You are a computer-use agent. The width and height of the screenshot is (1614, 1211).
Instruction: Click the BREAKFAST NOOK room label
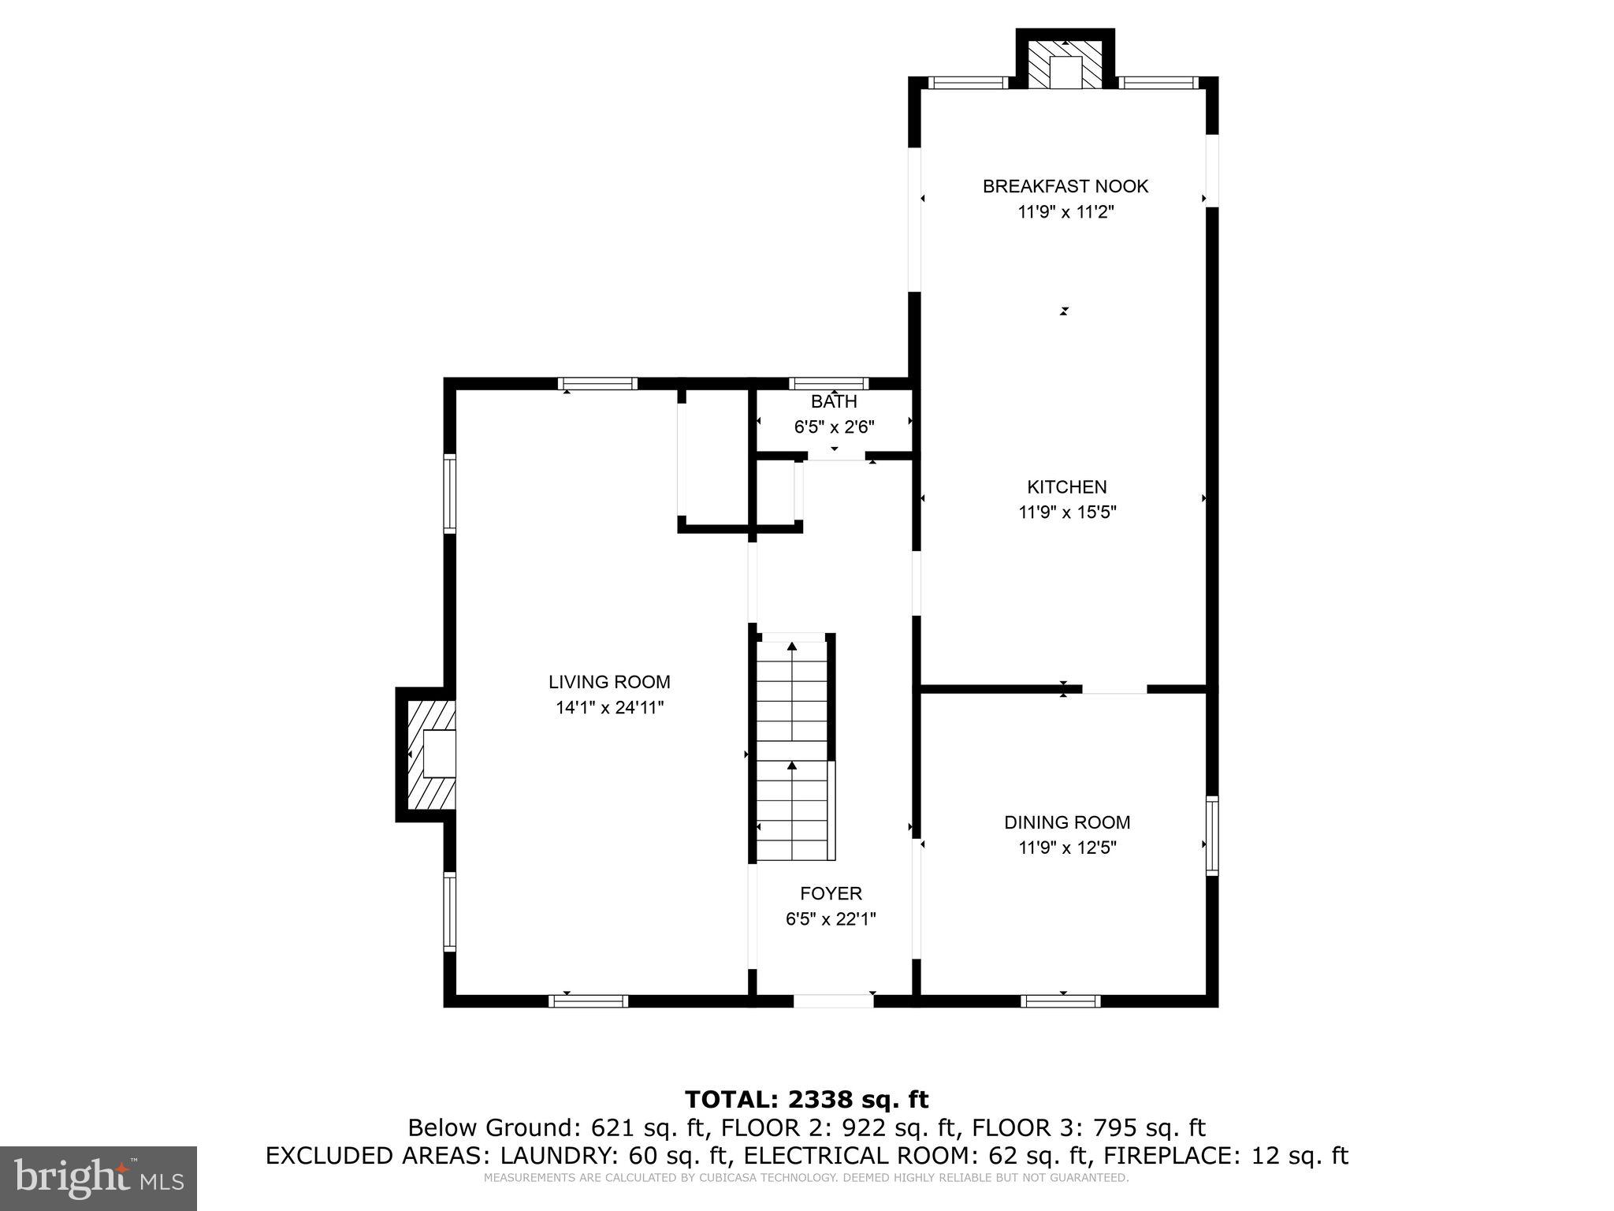(x=1065, y=187)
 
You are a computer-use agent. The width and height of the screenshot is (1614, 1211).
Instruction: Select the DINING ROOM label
(x=1067, y=822)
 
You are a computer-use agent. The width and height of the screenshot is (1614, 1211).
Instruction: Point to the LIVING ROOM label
(x=609, y=682)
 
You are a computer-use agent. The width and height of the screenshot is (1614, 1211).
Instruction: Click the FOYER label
(x=831, y=893)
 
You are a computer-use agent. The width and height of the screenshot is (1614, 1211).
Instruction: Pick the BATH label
(x=834, y=402)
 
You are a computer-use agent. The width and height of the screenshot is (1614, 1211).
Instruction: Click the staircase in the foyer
(x=792, y=749)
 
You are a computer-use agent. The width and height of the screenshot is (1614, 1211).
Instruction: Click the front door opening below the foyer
(x=833, y=1001)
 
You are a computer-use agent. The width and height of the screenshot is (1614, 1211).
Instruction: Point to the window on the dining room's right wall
(x=1212, y=836)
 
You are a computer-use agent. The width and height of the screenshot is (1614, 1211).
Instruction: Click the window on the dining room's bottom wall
(x=1060, y=1001)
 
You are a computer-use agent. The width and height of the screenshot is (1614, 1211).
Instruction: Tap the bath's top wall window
(x=829, y=384)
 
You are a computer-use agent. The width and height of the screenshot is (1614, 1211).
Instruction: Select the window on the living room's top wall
(x=597, y=384)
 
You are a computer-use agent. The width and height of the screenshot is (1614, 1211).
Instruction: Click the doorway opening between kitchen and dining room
(x=1114, y=689)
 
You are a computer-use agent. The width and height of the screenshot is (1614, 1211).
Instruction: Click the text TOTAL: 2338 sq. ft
(x=806, y=1099)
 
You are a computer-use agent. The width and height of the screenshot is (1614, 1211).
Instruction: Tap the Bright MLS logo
(x=99, y=1178)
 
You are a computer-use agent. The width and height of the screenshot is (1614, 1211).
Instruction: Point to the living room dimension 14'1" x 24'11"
(x=609, y=708)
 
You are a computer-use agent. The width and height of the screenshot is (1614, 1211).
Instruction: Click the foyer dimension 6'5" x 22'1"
(x=831, y=919)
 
